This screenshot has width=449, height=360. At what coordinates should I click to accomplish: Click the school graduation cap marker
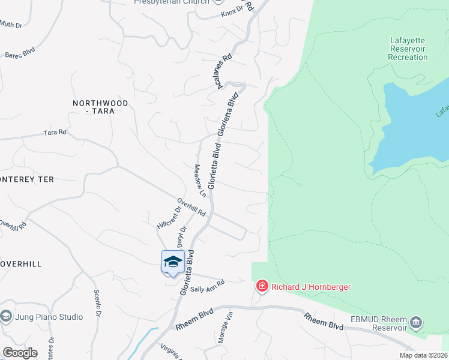coord(173,262)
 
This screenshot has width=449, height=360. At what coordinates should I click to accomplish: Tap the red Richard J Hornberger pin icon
coord(262,286)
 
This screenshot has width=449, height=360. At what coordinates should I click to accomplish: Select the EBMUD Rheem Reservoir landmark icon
coord(415,324)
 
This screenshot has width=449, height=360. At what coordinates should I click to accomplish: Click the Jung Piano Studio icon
coord(6,316)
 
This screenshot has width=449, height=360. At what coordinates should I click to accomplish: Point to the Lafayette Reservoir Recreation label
coord(408,49)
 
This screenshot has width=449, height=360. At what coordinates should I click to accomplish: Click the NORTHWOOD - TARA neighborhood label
coord(100,107)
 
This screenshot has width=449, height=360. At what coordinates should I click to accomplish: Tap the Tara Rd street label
coord(55,132)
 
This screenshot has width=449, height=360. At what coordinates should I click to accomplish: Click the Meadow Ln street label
coord(200,181)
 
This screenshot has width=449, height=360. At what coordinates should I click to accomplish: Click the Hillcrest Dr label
coord(169,218)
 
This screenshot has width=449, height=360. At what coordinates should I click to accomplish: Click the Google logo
coord(20,353)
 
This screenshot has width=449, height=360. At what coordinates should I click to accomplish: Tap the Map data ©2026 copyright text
coord(422,355)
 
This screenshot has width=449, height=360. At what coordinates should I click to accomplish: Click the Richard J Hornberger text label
coord(311,287)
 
